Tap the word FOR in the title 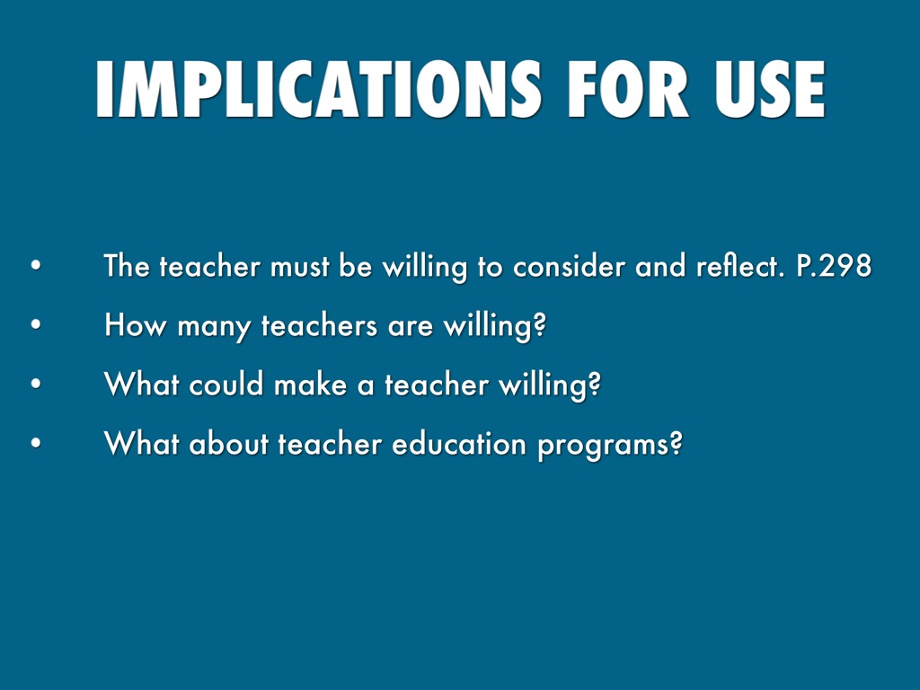pos(628,89)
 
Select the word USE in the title pos(770,89)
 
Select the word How pos(135,324)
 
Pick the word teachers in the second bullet pos(319,325)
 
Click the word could pos(226,384)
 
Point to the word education pos(459,443)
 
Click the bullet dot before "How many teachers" pos(36,324)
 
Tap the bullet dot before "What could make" pos(36,384)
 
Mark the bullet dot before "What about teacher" pos(36,443)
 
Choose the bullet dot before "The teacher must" pos(36,265)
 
